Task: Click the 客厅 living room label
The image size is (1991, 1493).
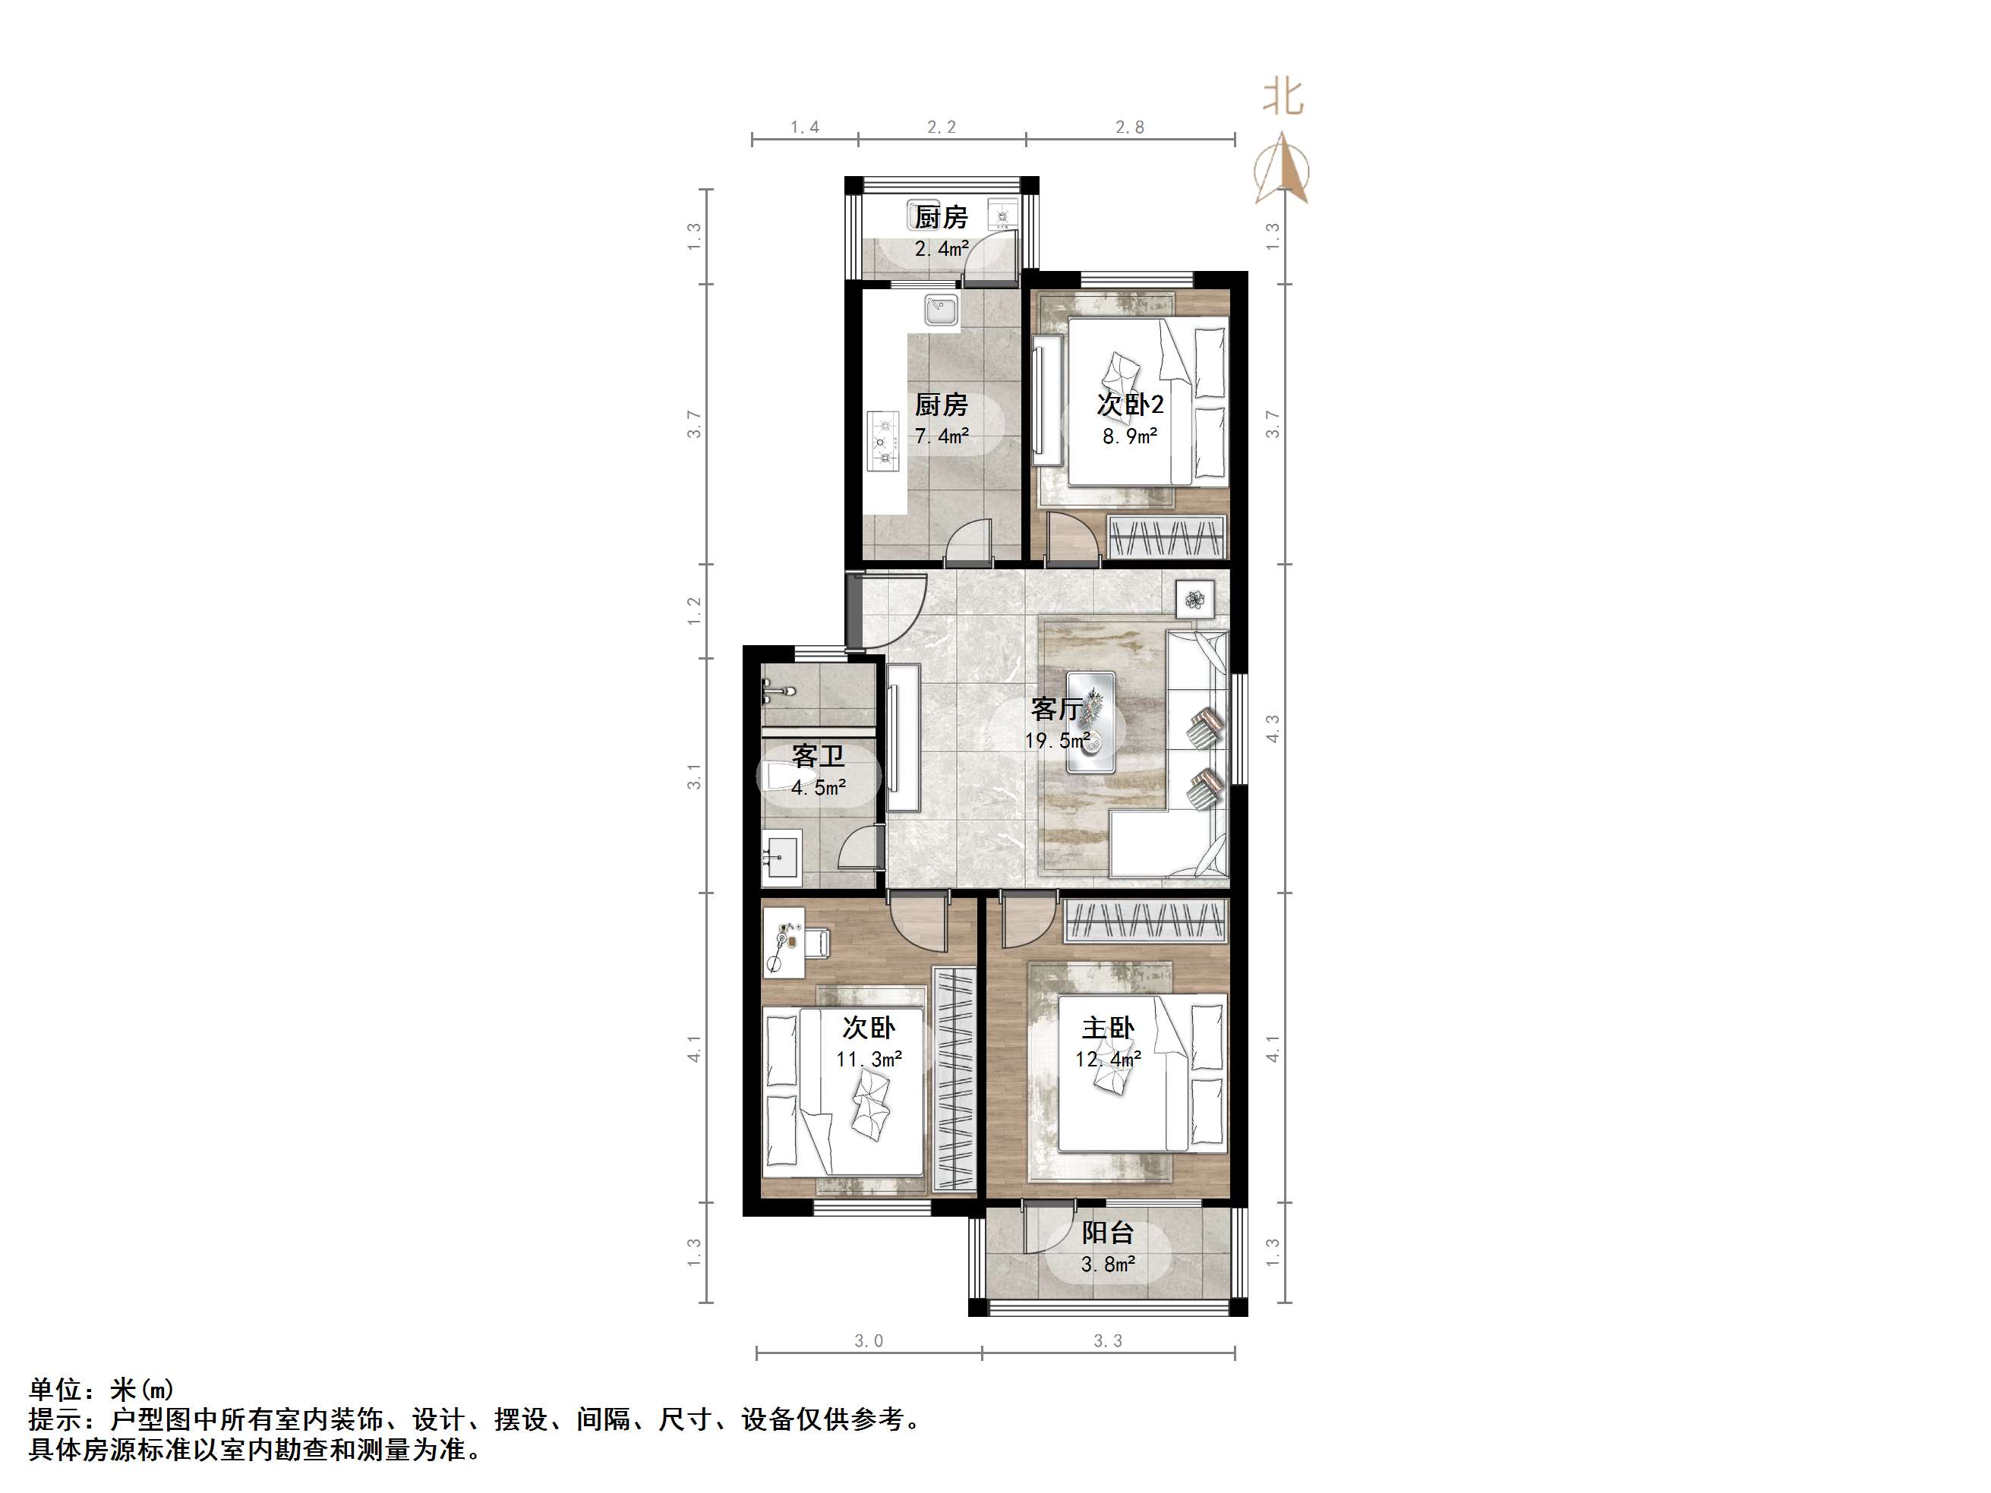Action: (1057, 709)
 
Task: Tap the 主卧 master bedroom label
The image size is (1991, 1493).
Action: (1107, 1028)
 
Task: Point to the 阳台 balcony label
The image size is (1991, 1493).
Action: (1107, 1232)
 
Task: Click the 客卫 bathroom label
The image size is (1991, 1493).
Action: (817, 755)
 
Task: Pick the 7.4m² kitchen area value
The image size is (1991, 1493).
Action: (942, 436)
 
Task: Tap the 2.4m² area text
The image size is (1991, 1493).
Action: (942, 248)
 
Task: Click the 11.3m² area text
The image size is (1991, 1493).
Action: (869, 1060)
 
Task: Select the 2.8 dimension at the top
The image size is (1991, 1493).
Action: (1130, 128)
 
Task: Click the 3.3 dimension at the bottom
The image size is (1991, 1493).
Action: (1107, 1341)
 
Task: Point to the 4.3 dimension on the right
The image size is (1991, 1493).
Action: (1273, 728)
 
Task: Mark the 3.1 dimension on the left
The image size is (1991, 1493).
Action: (694, 776)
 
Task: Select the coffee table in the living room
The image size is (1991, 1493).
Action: (1091, 722)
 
